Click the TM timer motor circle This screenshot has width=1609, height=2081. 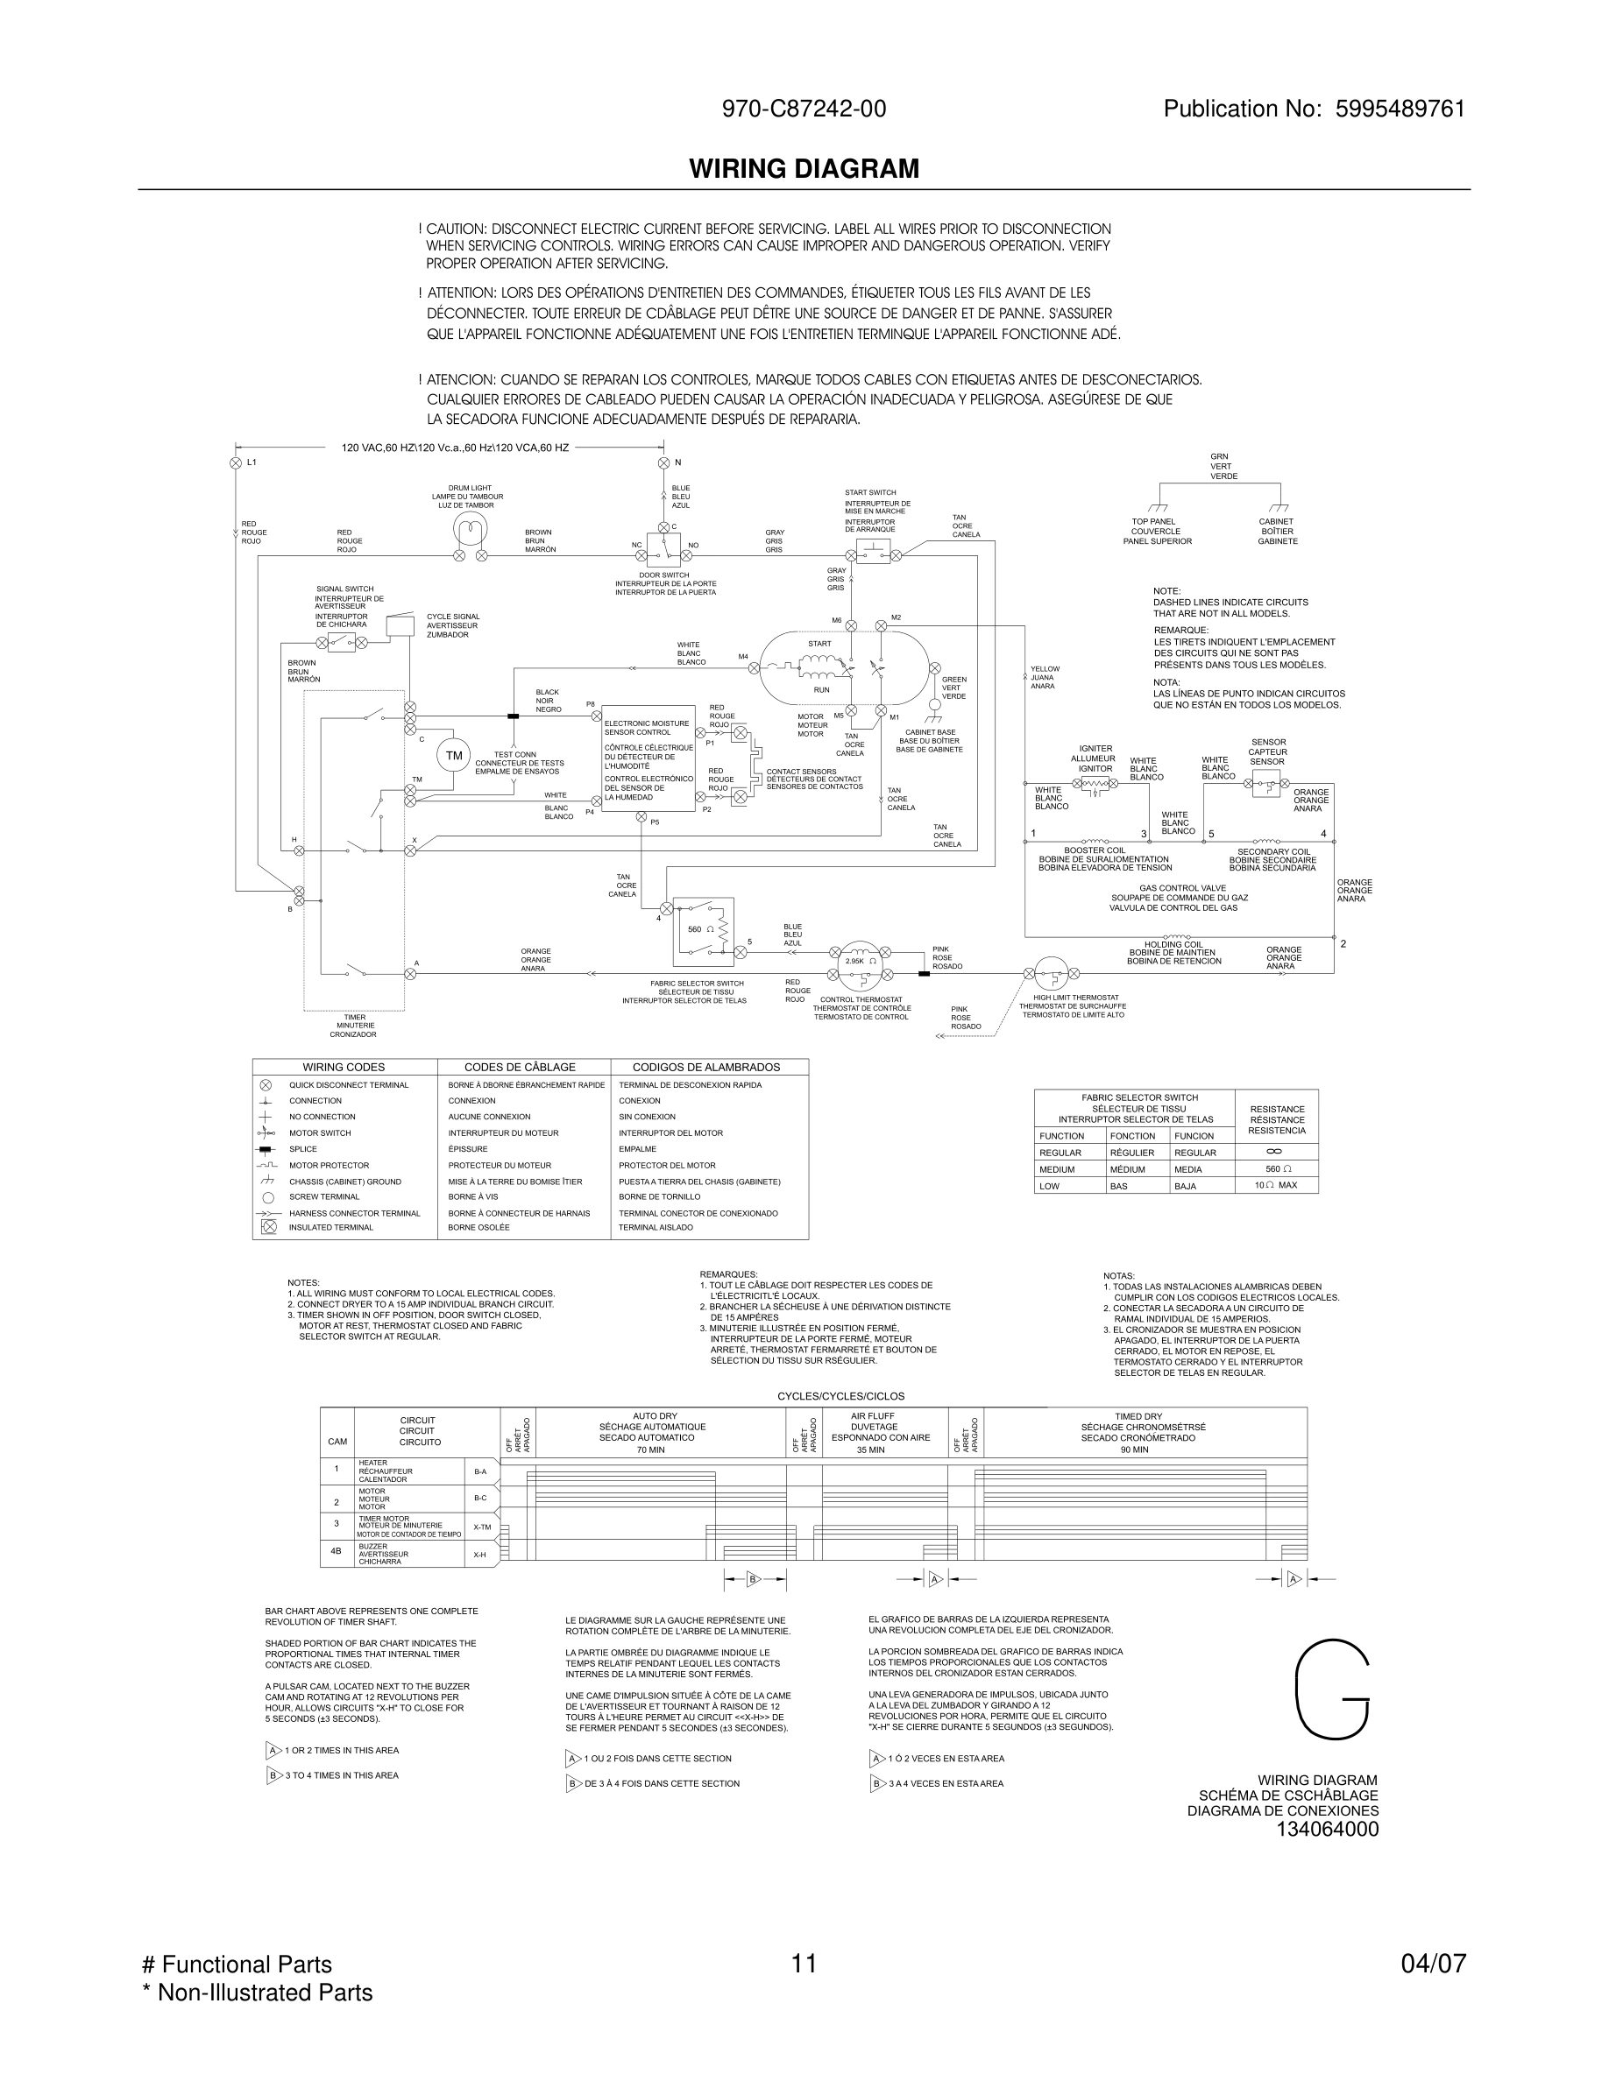coord(454,756)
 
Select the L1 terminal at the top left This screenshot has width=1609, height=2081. coord(236,463)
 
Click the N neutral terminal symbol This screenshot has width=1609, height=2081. coord(663,463)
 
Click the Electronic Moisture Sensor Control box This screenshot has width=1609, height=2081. coord(649,765)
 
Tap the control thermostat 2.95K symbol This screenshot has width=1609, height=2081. coord(860,961)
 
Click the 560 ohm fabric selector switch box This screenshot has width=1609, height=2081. coord(704,928)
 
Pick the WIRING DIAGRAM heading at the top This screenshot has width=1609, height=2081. coord(804,170)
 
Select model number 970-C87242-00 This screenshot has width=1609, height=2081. coord(804,109)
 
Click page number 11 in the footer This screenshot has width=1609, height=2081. coord(804,1964)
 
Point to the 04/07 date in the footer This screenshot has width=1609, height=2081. coord(1433,1964)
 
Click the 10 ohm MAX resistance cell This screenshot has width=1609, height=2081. coord(1275,1185)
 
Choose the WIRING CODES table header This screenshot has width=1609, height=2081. coord(344,1067)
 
